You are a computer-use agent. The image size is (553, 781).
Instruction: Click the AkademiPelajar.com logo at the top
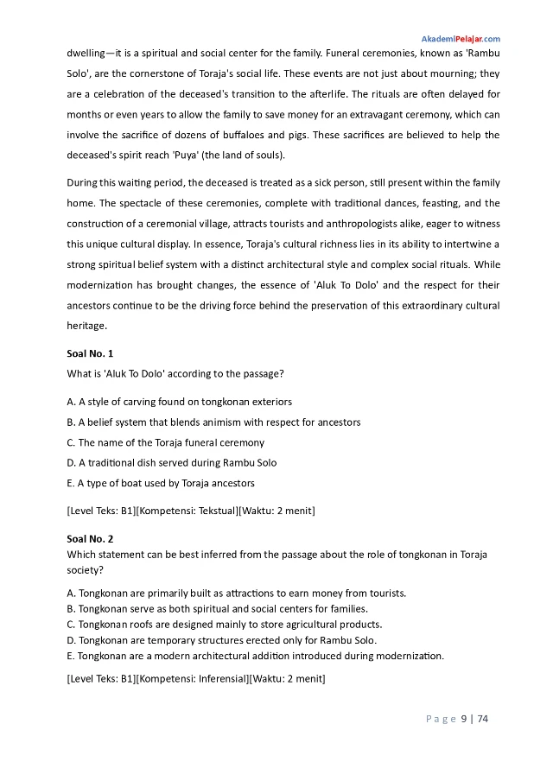pos(460,40)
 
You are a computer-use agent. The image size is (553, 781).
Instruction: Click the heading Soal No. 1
pos(90,353)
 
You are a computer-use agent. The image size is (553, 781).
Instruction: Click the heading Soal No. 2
pos(90,538)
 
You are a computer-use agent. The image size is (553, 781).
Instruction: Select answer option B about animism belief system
pos(213,422)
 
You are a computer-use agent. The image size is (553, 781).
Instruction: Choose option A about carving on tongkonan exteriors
pos(179,402)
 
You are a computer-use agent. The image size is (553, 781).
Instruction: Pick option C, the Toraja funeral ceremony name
pos(165,442)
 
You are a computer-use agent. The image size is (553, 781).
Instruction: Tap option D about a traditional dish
pos(171,463)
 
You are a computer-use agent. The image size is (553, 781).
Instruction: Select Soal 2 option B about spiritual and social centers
pos(217,608)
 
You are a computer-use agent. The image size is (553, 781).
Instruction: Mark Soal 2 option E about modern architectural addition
pos(255,655)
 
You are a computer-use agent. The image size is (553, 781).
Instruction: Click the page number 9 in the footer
pos(464,719)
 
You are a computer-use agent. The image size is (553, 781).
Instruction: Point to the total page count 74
pos(483,719)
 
